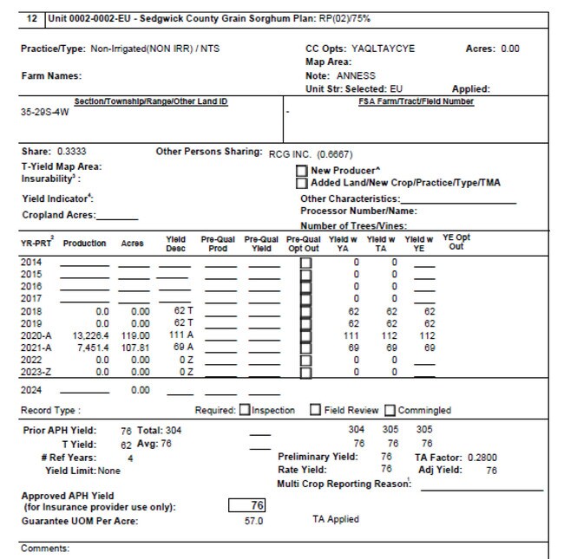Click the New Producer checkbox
[302, 171]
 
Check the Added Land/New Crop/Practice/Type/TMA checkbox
[302, 183]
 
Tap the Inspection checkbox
[245, 410]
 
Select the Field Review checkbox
[316, 410]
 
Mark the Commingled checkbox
[391, 410]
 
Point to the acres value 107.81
[134, 347]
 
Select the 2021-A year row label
[36, 347]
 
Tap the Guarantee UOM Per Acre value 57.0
[253, 521]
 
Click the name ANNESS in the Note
[356, 75]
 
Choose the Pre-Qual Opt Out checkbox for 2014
[305, 262]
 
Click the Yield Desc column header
[175, 244]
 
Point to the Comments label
[45, 549]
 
